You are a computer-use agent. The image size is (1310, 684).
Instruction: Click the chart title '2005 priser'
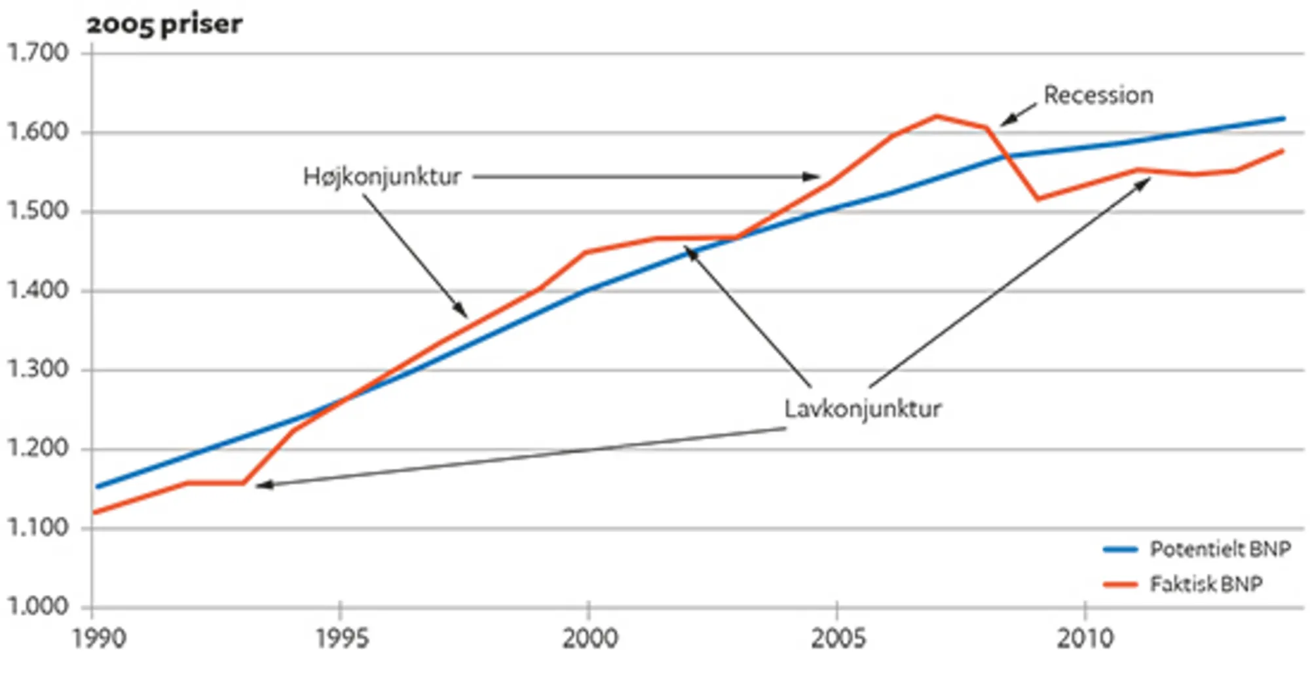tap(164, 24)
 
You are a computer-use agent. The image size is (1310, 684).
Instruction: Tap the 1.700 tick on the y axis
tap(38, 52)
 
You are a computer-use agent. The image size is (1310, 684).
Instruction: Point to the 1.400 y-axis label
tap(38, 290)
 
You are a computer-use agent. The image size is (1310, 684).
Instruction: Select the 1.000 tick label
tap(38, 607)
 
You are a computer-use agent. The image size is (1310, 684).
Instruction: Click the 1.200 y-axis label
tap(38, 449)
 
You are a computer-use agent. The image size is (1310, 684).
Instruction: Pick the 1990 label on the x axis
tap(99, 638)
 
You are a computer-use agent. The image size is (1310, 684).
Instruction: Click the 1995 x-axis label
tap(342, 638)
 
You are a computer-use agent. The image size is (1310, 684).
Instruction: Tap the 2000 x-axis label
tap(589, 638)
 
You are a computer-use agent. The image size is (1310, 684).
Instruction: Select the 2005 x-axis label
tap(838, 638)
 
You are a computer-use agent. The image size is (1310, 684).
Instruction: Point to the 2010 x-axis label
tap(1085, 638)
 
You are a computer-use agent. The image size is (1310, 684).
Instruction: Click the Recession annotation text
tap(1098, 96)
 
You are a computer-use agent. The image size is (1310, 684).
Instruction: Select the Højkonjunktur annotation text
tap(382, 177)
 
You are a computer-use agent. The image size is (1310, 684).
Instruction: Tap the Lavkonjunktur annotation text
tap(863, 409)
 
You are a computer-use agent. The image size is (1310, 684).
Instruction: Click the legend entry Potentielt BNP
tap(1220, 549)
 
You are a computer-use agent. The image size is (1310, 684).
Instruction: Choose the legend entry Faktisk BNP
tap(1205, 584)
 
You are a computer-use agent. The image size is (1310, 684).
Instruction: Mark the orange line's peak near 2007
tap(937, 117)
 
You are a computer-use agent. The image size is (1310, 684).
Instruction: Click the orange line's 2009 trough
tap(1038, 199)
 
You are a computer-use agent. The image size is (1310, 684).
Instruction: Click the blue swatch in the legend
tap(1120, 550)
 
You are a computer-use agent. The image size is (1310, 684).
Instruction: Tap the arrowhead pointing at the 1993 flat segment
tap(259, 485)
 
